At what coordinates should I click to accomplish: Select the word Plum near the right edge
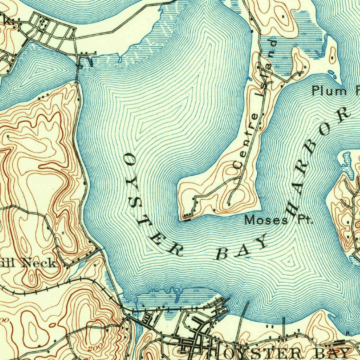pos(329,91)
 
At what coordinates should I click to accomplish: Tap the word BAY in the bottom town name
pos(334,353)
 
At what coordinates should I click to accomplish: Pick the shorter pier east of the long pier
pos(284,323)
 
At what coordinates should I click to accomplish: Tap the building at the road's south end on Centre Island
pos(229,204)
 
